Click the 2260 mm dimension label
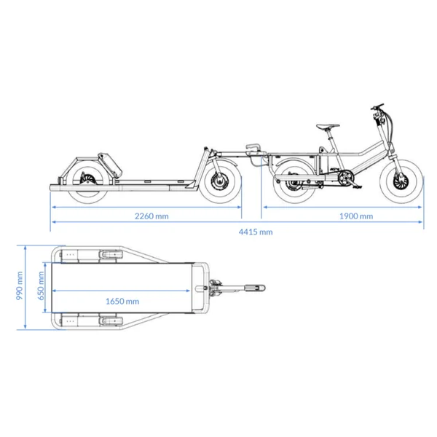tap(151, 216)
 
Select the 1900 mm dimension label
tap(356, 216)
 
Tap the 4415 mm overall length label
tap(256, 232)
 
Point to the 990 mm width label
tap(20, 286)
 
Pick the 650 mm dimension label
tap(41, 286)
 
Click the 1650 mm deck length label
tap(122, 302)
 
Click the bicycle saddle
tap(328, 126)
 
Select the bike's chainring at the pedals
tap(346, 177)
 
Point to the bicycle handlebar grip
tap(377, 106)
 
